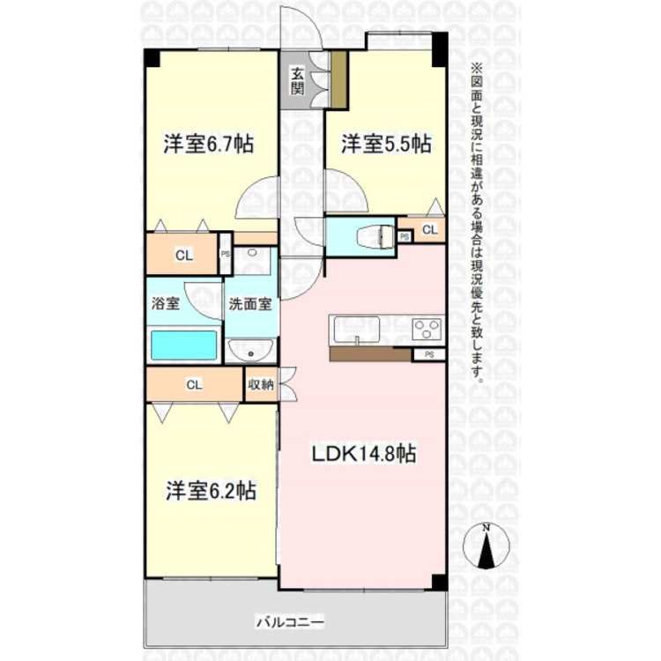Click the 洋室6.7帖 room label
pos(208,145)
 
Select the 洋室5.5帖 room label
pos(386,145)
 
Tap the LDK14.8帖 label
pos(364,454)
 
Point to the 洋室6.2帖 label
pos(211,490)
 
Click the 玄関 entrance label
pos(297,81)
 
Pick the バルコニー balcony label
pos(291,622)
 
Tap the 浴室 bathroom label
pos(166,303)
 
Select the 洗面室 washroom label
pos(250,303)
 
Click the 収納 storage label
pos(261,384)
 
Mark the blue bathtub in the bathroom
pos(184,345)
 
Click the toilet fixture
pos(375,237)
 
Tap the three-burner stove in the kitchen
pos(427,329)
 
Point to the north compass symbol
pos(486,546)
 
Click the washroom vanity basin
pos(251,350)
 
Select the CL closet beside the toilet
pos(429,230)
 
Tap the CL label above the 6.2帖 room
pos(195,384)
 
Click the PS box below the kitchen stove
pos(429,354)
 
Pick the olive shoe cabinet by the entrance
pos(338,79)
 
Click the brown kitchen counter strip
pos(370,354)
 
